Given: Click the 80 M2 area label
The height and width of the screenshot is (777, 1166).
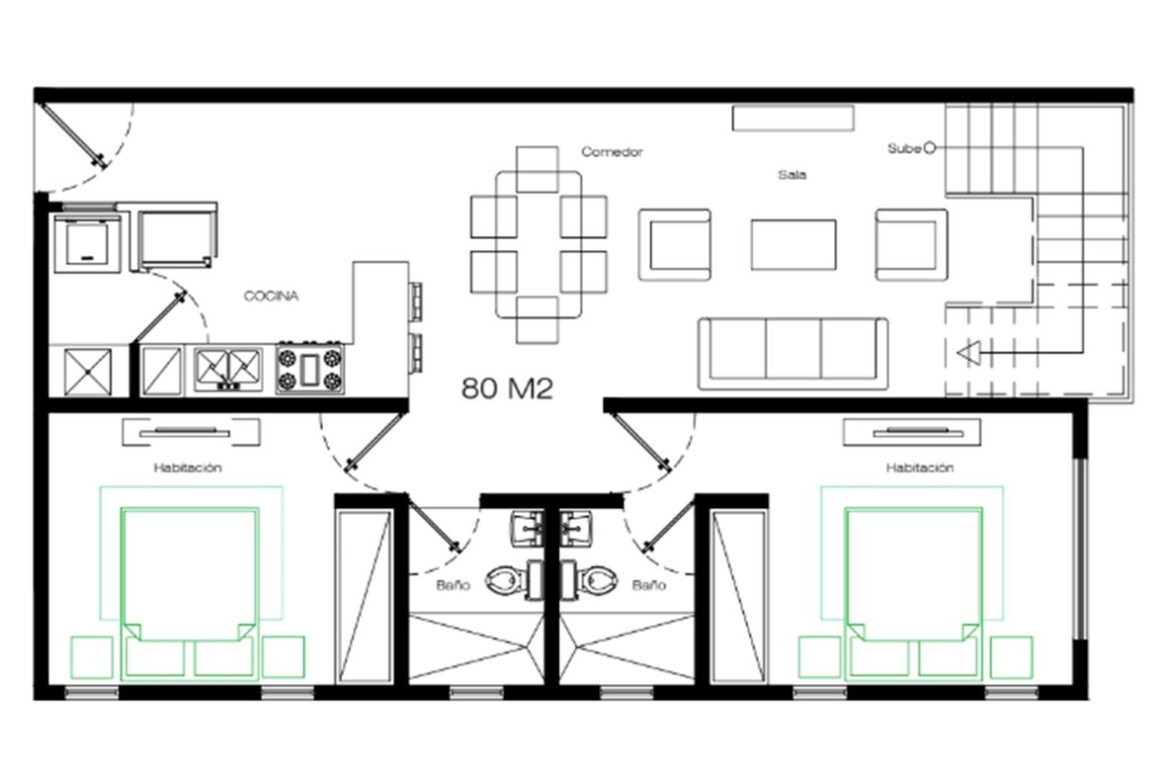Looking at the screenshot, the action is click(x=507, y=388).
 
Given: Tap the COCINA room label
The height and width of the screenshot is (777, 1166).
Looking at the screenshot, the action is click(x=272, y=297).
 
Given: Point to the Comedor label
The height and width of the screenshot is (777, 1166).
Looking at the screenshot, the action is click(x=612, y=152).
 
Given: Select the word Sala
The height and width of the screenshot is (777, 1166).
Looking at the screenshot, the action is click(x=791, y=175).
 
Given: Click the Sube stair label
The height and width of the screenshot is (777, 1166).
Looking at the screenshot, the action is click(x=904, y=149).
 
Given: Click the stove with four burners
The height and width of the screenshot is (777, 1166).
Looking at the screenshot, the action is click(x=310, y=369).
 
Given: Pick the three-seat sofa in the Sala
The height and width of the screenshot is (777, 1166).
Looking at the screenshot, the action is click(x=792, y=354).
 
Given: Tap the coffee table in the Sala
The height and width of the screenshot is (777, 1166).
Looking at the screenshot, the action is click(x=793, y=244).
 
